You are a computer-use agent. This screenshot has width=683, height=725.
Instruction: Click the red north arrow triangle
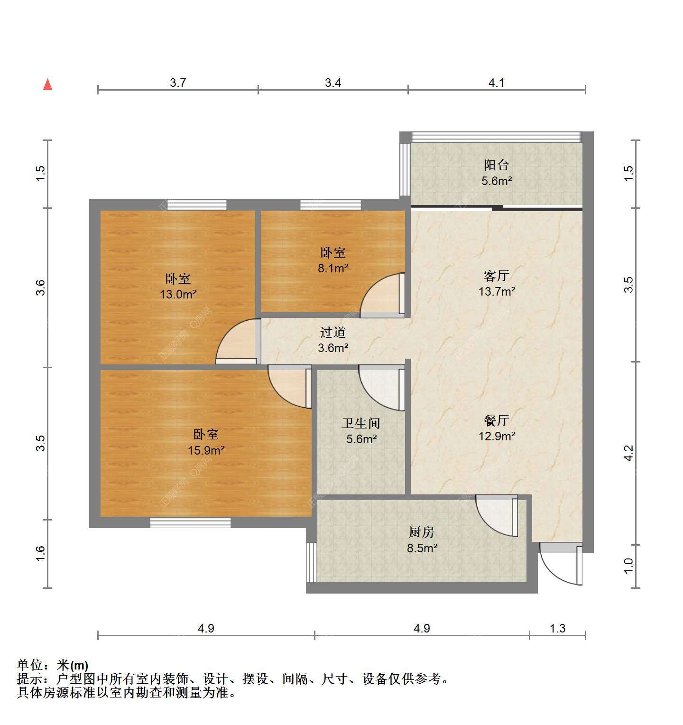tap(47, 84)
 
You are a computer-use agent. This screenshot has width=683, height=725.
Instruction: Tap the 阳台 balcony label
tap(497, 165)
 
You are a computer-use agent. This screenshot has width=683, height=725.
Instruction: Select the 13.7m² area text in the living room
tap(497, 291)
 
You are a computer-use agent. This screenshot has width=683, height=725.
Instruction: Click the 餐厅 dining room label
tap(497, 420)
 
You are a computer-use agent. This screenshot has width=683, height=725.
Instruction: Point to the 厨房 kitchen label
tap(422, 532)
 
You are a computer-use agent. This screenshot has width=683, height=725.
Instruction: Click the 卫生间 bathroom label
tap(361, 423)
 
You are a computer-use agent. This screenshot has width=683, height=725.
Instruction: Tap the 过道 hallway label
tap(333, 332)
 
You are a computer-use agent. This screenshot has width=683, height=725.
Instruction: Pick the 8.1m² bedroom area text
tap(333, 268)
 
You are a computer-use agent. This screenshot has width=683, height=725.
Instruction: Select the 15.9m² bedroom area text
tap(206, 450)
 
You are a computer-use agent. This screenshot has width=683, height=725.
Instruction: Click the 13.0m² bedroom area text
tap(178, 294)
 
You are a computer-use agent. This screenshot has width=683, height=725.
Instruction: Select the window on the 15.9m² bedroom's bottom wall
tap(190, 522)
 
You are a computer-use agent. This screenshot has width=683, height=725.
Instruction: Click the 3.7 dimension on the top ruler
tap(178, 83)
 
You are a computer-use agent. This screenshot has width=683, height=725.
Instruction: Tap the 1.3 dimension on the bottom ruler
tap(558, 628)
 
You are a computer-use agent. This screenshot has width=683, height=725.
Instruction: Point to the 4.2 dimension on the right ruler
tap(628, 453)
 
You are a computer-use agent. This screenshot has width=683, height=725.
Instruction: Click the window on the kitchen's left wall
tap(311, 563)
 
